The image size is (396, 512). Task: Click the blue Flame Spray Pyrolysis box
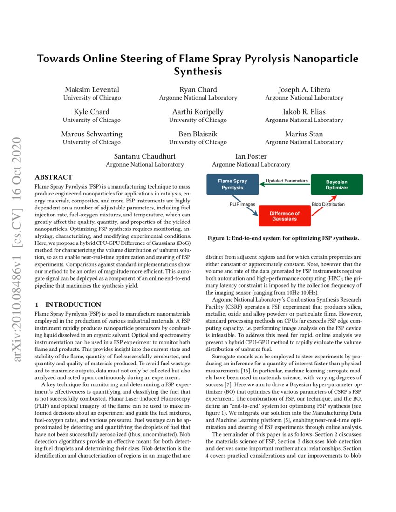coord(232,184)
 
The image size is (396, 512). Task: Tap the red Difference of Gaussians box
coord(285,216)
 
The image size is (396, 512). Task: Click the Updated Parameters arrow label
coord(287,181)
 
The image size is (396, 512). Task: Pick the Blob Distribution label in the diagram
coord(328,204)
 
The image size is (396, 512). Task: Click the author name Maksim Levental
coord(92,89)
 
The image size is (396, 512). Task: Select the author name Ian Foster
coord(251,156)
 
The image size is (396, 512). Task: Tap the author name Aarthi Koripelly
coord(198,112)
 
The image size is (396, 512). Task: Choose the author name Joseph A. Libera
coord(304,89)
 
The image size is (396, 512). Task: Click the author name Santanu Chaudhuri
coord(144,156)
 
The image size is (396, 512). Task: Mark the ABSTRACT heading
coord(54,177)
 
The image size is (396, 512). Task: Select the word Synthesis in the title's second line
coord(198,72)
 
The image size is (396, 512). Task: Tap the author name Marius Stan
coord(304,134)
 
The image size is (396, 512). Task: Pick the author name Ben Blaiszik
coord(198,134)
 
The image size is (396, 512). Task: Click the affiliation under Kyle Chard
coord(92,120)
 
